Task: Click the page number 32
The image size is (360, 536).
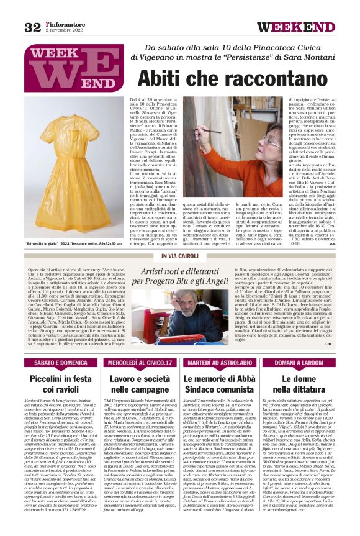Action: pyautogui.click(x=32, y=27)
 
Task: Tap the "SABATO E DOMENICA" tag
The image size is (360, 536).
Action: pyautogui.click(x=61, y=361)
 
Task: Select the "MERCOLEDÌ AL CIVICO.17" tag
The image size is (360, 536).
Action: pyautogui.click(x=141, y=361)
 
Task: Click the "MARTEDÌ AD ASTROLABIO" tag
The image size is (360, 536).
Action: pyautogui.click(x=220, y=361)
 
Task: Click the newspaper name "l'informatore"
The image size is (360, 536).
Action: pyautogui.click(x=64, y=24)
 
